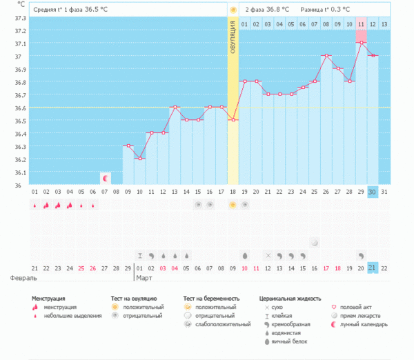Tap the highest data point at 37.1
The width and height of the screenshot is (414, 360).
pyautogui.click(x=362, y=43)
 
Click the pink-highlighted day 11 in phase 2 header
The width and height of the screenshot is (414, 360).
pyautogui.click(x=362, y=25)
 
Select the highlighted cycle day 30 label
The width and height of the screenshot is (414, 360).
pyautogui.click(x=373, y=191)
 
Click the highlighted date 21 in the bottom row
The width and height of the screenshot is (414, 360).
pyautogui.click(x=373, y=268)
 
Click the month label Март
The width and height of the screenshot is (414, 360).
pyautogui.click(x=144, y=278)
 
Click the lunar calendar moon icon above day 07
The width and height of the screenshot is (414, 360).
pyautogui.click(x=105, y=178)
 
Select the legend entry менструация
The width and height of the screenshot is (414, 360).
pyautogui.click(x=60, y=307)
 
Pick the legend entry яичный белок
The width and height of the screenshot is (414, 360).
pyautogui.click(x=290, y=341)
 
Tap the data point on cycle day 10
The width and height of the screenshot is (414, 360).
pyautogui.click(x=139, y=159)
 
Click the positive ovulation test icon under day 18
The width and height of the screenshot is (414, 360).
pyautogui.click(x=233, y=205)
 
